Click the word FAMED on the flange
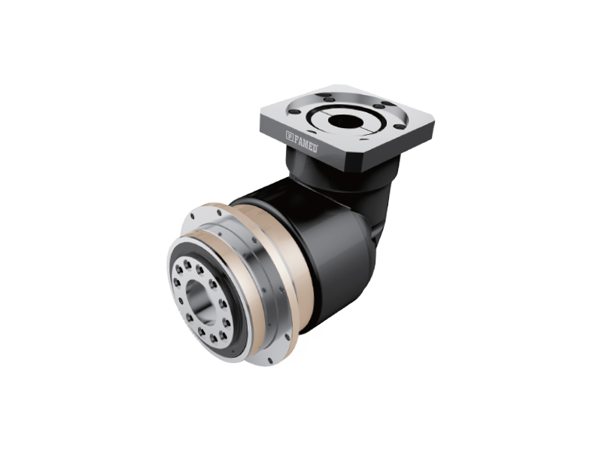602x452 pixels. click(x=306, y=142)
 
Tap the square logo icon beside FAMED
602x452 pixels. click(x=290, y=135)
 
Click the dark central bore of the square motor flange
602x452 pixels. click(x=344, y=121)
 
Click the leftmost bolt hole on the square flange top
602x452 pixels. click(x=294, y=111)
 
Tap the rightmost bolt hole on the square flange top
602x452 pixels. click(x=400, y=127)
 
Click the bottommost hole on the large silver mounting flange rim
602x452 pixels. click(x=270, y=360)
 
